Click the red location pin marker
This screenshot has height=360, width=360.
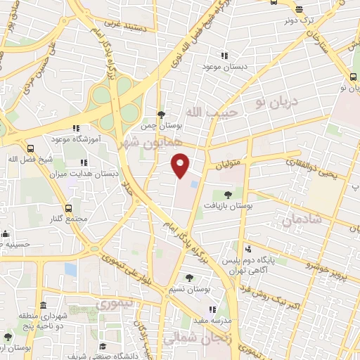(x=181, y=164)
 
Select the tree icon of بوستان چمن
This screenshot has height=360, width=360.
(x=161, y=115)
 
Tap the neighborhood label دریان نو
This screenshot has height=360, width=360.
(x=277, y=103)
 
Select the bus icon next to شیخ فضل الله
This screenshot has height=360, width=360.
(x=30, y=148)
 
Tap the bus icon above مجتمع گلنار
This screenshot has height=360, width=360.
(x=68, y=208)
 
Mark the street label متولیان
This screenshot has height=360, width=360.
(x=229, y=162)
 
